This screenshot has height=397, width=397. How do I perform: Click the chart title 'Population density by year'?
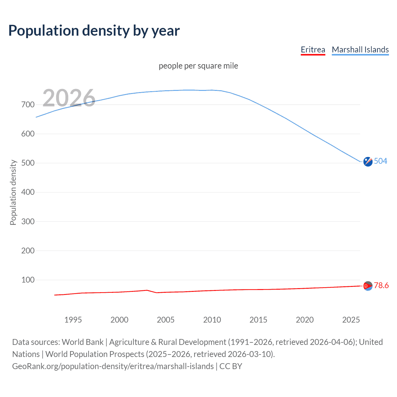94,31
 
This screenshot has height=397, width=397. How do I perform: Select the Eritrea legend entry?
313,50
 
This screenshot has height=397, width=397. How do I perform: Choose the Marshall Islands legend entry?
360,50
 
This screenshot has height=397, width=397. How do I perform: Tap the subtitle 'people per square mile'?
198,66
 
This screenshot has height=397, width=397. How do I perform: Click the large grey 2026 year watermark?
69,98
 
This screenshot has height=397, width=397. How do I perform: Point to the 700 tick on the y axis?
28,105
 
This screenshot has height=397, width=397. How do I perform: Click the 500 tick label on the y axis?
28,163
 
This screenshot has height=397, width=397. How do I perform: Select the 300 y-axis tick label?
28,221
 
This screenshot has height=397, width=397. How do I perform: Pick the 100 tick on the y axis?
28,280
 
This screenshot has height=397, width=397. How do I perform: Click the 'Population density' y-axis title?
13,192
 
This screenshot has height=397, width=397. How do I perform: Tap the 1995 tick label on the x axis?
73,320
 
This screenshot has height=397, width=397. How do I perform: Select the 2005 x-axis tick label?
166,320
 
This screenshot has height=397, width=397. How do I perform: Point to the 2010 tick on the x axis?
212,320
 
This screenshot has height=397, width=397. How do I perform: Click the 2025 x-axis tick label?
351,320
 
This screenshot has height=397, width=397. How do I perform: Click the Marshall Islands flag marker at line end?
368,162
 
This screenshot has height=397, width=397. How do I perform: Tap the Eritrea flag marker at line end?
368,286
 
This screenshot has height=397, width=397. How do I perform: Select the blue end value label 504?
381,161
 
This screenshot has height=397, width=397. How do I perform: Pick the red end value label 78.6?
381,285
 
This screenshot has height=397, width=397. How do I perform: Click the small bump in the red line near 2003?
147,290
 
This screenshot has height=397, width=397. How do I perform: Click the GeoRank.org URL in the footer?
113,366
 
